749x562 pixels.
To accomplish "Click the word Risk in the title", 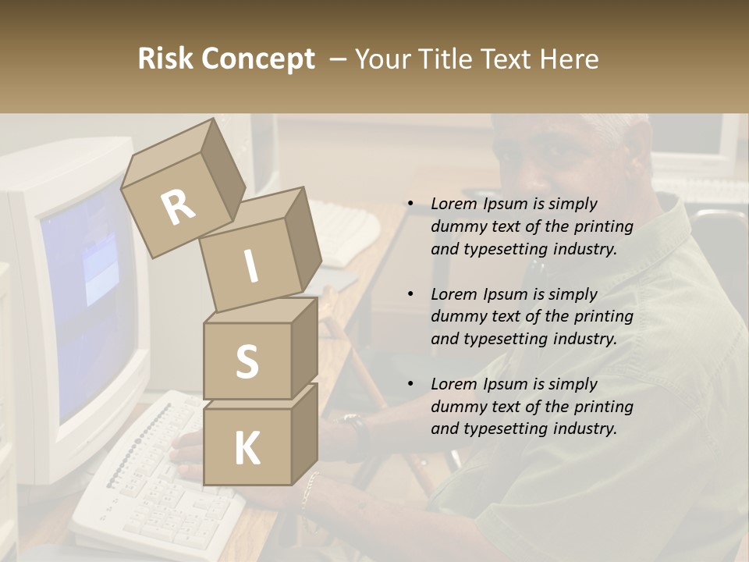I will (167, 59).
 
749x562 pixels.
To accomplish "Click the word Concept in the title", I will (259, 59).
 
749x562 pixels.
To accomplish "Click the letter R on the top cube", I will (178, 208).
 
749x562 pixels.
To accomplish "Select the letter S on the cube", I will (247, 361).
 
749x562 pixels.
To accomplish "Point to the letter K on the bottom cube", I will (247, 449).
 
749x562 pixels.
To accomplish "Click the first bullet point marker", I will (410, 204).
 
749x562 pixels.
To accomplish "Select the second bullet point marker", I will (410, 294).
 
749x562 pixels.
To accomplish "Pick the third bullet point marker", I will (410, 384).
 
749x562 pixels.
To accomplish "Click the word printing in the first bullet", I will (602, 227).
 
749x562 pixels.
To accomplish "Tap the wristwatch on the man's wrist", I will (354, 425).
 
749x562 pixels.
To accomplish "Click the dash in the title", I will (339, 59).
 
